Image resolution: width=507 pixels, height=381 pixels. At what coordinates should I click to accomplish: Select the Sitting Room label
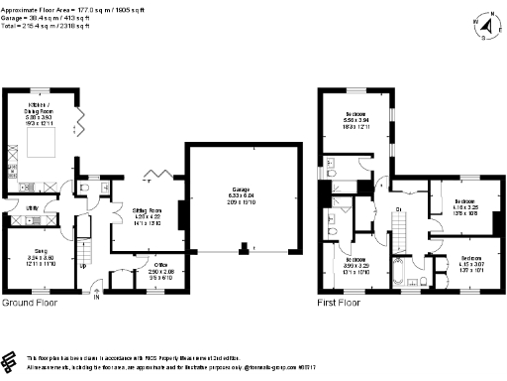point(148,214)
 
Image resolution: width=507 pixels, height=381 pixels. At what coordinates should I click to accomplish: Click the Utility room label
point(32,207)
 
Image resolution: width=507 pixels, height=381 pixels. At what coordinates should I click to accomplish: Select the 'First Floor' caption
point(338,302)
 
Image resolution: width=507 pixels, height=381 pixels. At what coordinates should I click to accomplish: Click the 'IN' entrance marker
point(96,296)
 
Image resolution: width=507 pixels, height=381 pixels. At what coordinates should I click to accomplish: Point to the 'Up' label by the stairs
point(82,267)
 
